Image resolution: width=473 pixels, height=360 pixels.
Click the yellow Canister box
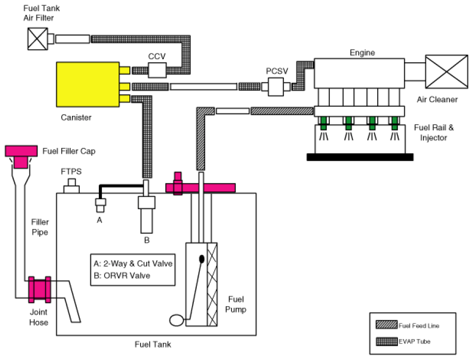click(88, 84)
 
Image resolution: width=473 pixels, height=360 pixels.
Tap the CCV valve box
click(157, 70)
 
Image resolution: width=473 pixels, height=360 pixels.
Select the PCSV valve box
click(276, 87)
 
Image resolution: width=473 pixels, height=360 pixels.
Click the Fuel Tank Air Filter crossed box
click(38, 39)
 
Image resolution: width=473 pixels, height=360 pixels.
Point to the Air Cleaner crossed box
click(446, 72)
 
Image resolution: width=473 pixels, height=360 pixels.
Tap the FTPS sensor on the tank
click(72, 186)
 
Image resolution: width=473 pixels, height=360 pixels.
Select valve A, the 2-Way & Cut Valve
click(100, 205)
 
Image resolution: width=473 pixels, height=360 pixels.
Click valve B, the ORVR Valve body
click(147, 214)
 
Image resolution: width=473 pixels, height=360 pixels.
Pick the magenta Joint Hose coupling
click(40, 289)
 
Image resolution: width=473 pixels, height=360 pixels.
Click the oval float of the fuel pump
click(176, 320)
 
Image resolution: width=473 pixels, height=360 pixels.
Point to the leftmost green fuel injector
click(324, 123)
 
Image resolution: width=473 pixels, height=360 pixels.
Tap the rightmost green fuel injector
click(395, 123)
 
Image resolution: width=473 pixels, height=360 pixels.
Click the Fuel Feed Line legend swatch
click(386, 325)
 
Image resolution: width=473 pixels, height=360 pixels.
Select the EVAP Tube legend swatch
click(386, 341)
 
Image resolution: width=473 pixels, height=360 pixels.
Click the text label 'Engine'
click(362, 53)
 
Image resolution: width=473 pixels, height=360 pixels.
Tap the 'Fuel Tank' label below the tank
click(153, 345)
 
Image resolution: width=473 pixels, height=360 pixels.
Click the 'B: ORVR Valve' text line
click(122, 276)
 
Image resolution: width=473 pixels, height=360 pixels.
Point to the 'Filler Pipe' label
click(40, 227)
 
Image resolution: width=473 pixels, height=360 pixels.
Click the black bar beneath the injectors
click(360, 157)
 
